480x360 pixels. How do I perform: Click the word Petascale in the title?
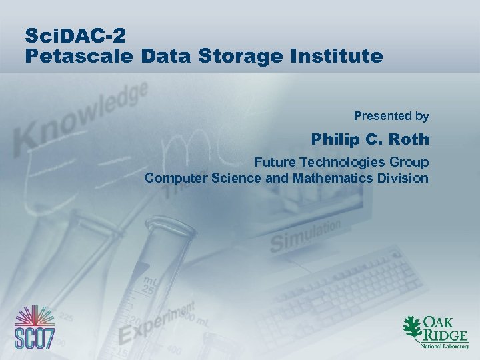[x=80, y=55]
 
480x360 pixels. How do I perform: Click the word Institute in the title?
[x=342, y=55]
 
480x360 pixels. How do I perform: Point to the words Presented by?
[x=391, y=116]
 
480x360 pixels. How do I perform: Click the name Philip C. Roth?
[x=370, y=140]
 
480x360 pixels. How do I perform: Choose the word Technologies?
[x=345, y=163]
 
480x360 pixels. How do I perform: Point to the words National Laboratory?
[x=444, y=347]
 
